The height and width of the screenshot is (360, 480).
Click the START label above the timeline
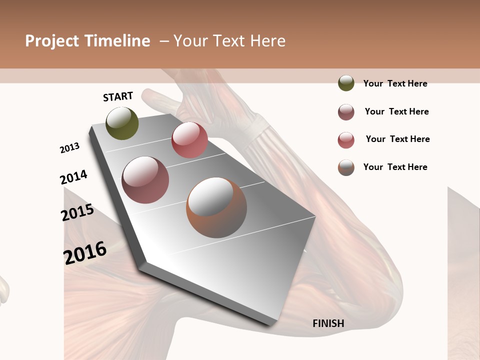[x=118, y=96]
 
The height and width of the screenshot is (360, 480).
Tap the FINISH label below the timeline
[x=328, y=323]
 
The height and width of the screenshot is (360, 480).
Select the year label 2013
[x=69, y=148]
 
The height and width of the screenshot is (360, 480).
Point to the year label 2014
[x=73, y=177]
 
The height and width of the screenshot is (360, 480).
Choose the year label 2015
[x=77, y=213]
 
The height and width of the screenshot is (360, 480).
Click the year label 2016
[x=85, y=252]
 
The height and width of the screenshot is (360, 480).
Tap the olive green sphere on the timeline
[x=122, y=123]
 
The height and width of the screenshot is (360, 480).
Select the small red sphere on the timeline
[x=189, y=140]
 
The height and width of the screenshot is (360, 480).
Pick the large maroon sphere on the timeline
[x=145, y=180]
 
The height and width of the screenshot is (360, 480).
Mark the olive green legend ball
[x=346, y=83]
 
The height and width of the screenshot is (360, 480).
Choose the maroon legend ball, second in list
[x=346, y=112]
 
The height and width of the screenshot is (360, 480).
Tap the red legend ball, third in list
[x=346, y=140]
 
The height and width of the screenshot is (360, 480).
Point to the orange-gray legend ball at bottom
[x=346, y=167]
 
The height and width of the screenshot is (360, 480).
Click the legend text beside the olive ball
[x=395, y=83]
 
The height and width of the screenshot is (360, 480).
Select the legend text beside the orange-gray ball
[x=395, y=167]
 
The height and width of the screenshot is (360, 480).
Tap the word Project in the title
[x=52, y=41]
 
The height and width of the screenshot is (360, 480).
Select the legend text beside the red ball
[x=397, y=139]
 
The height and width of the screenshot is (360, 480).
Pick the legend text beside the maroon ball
[x=396, y=111]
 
